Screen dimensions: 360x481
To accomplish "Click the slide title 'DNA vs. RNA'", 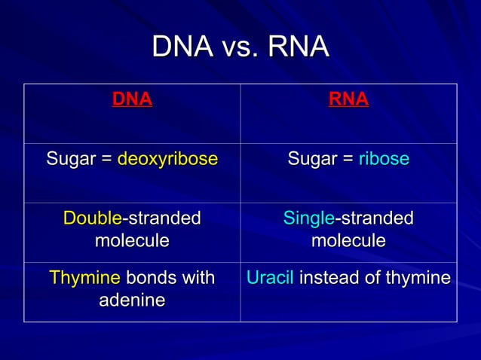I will click(240, 47).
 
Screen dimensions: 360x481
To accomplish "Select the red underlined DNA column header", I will click(132, 99).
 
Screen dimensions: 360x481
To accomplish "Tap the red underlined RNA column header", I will click(348, 99).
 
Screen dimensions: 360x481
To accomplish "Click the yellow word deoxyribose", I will click(167, 159).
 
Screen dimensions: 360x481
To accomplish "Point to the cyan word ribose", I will click(384, 159).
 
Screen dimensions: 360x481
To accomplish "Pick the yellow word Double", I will click(92, 218).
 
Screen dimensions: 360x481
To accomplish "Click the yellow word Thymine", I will click(84, 278).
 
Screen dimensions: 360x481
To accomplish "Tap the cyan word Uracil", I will click(270, 278).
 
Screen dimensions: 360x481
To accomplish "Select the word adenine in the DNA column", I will click(132, 301).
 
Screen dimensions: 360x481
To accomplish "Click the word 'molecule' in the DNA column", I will click(132, 241).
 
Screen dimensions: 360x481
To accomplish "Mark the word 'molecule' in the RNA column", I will click(348, 241).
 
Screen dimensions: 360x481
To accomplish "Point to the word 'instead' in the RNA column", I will click(327, 278).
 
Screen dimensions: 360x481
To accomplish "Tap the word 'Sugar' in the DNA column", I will click(70, 159).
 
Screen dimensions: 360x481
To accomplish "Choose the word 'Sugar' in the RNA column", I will click(311, 159).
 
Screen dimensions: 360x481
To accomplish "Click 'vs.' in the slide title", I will click(240, 47).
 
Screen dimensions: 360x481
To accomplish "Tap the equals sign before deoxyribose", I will click(106, 160).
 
